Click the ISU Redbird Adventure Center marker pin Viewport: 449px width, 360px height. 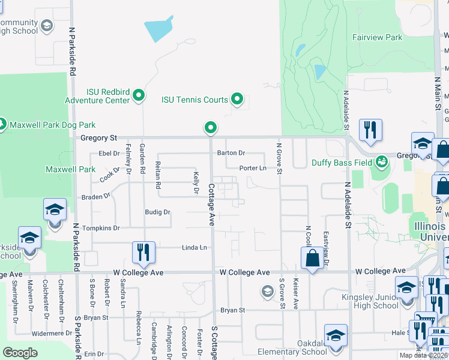pos(139,95)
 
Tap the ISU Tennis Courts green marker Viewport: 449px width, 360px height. pos(237,99)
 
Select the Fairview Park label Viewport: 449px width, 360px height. pos(378,37)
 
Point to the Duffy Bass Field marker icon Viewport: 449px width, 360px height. pos(381,162)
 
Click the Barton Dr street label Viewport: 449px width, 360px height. pos(231,153)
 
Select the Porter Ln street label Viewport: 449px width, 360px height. pos(253,169)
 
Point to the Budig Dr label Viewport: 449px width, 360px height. pos(158,212)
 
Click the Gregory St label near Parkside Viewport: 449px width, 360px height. pos(98,138)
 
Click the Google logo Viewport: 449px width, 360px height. pos(20,352)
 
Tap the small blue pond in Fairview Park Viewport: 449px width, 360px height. pos(320,72)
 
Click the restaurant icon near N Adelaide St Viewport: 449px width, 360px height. pos(370,130)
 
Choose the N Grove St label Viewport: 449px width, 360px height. pos(279,156)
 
